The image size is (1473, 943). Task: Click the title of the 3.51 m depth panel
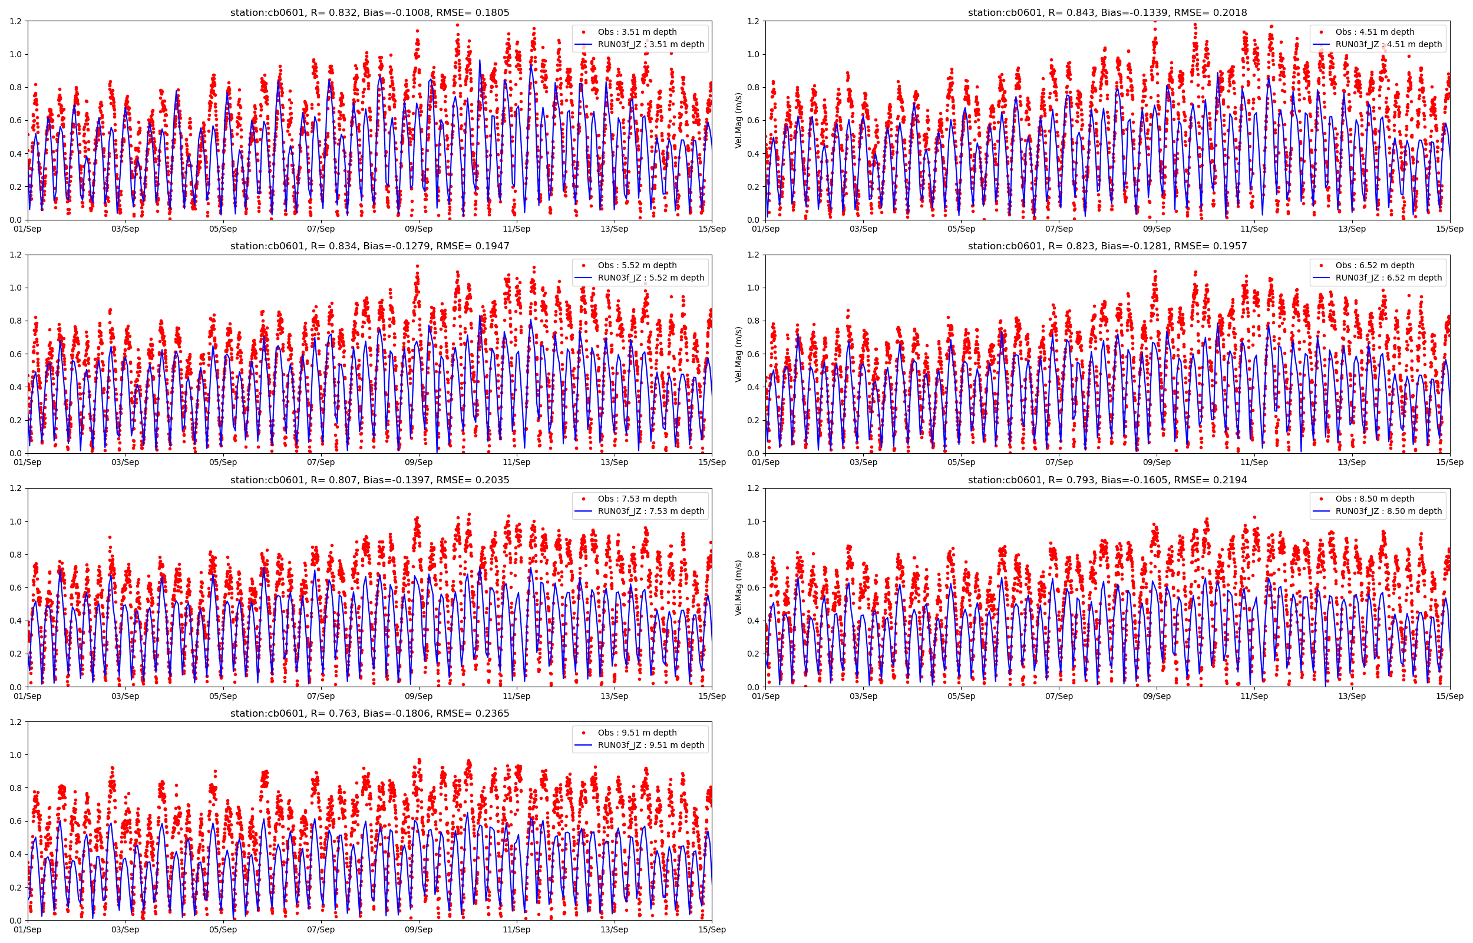coord(369,13)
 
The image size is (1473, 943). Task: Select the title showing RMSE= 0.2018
coord(1107,13)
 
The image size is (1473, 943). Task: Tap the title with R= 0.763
coord(369,713)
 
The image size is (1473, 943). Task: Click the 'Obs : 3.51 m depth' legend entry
coord(637,32)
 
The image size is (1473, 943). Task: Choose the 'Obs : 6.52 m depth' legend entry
coord(1375,265)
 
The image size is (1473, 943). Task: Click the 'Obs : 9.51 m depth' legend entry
coord(637,733)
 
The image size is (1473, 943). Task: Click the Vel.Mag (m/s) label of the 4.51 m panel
coord(739,121)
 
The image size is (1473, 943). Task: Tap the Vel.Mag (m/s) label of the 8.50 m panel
coord(739,588)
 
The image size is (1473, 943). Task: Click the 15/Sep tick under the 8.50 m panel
coord(1450,696)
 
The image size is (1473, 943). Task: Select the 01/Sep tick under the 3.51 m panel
coord(28,229)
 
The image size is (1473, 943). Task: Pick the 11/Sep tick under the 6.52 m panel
coord(1254,462)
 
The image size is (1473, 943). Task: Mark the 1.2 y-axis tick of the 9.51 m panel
coord(15,722)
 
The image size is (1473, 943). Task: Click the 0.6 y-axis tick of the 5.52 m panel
coord(15,354)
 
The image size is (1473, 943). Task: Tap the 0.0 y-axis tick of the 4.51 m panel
coord(753,220)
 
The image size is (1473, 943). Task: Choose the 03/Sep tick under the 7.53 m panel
coord(125,696)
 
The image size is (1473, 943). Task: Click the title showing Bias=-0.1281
coord(1107,246)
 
